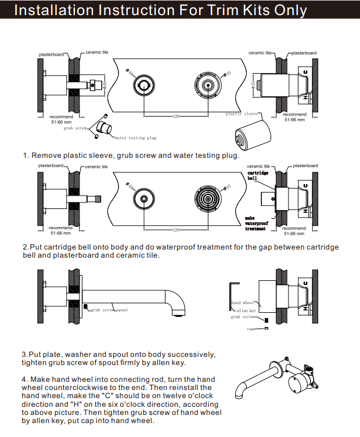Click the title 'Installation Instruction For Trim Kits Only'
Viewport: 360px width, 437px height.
(x=160, y=11)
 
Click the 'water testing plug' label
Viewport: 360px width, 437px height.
(x=136, y=138)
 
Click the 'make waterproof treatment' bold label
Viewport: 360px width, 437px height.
(x=255, y=223)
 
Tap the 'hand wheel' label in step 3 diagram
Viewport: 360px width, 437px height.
(x=243, y=303)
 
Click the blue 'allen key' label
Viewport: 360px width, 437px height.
(x=246, y=310)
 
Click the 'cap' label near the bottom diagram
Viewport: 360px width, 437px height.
(x=251, y=329)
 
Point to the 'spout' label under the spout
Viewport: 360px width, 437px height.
(x=123, y=310)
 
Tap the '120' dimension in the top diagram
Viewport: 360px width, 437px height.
(x=176, y=117)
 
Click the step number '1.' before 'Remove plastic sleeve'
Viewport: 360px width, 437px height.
(x=26, y=156)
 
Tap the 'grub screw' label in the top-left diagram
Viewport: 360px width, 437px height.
(x=75, y=128)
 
